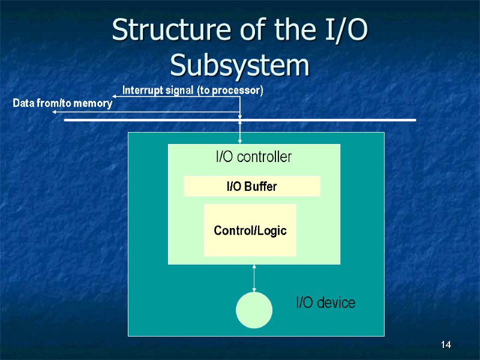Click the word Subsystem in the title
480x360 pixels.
pyautogui.click(x=240, y=65)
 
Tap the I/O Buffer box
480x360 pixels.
pyautogui.click(x=251, y=187)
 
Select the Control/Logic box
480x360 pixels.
pyautogui.click(x=250, y=230)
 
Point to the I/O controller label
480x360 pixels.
pyautogui.click(x=253, y=157)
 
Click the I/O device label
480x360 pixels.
pyautogui.click(x=325, y=303)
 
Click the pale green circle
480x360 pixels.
pyautogui.click(x=254, y=310)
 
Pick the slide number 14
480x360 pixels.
pyautogui.click(x=445, y=344)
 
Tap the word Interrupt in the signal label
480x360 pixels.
pyautogui.click(x=143, y=91)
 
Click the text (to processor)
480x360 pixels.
pyautogui.click(x=230, y=91)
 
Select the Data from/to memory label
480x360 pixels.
pyautogui.click(x=62, y=104)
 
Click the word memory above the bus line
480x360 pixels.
pyautogui.click(x=94, y=104)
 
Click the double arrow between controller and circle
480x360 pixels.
pyautogui.click(x=254, y=278)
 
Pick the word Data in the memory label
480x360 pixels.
pyautogui.click(x=23, y=104)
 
